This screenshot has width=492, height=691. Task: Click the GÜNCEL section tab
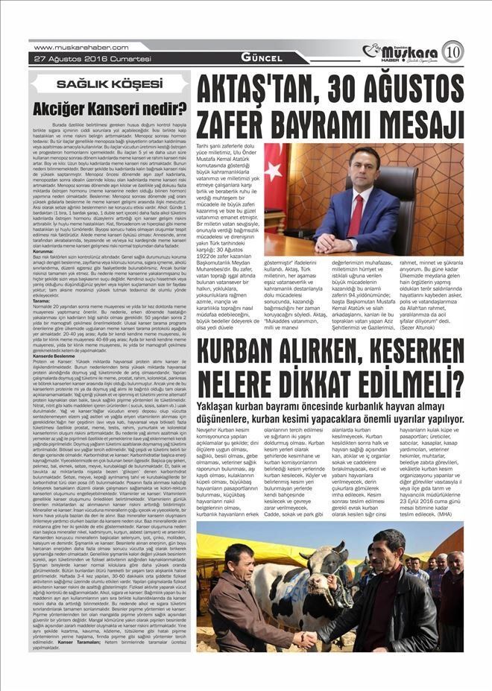[x=261, y=58]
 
